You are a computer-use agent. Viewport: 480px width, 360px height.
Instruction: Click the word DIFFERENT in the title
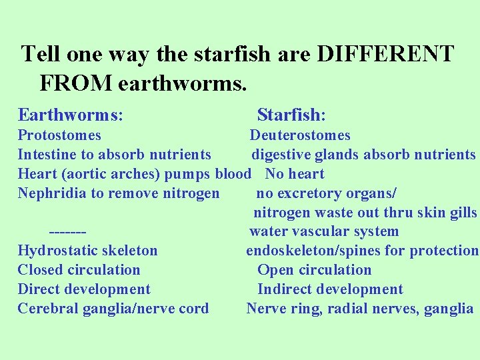[385, 53]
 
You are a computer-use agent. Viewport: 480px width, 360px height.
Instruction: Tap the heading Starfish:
[291, 115]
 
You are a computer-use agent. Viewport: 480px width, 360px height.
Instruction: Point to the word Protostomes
[59, 135]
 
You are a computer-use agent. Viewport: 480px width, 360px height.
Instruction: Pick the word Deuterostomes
[300, 135]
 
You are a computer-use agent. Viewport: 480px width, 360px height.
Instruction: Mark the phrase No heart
[295, 174]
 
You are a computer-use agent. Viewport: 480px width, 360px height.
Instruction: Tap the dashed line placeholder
[67, 231]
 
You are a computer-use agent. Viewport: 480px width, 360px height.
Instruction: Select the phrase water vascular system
[324, 231]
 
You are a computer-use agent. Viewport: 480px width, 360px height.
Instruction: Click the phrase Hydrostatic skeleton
[87, 251]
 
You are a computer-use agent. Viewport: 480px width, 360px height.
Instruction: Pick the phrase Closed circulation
[79, 270]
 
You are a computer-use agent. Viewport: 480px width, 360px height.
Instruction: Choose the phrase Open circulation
[315, 270]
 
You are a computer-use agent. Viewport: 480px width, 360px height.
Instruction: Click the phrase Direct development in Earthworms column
[84, 289]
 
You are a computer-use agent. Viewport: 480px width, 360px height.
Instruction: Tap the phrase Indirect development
[330, 289]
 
